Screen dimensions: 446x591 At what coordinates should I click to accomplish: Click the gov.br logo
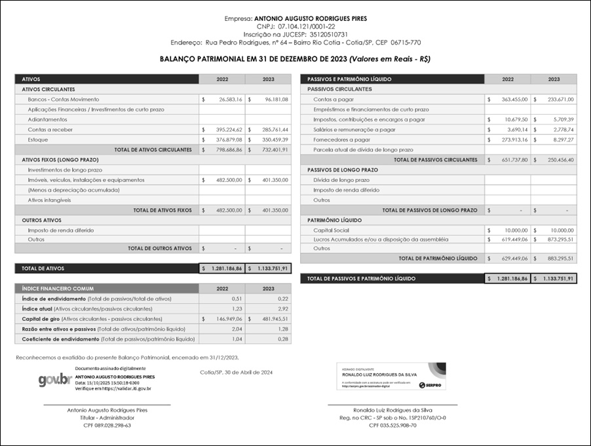pyautogui.click(x=54, y=381)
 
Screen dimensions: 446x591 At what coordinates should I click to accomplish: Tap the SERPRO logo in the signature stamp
pyautogui.click(x=432, y=386)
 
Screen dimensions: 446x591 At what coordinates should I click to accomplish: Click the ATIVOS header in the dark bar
pyautogui.click(x=31, y=79)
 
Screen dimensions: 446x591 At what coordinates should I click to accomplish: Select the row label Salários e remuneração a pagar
pyautogui.click(x=354, y=130)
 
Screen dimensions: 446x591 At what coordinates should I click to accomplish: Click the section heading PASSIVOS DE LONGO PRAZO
pyautogui.click(x=341, y=170)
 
